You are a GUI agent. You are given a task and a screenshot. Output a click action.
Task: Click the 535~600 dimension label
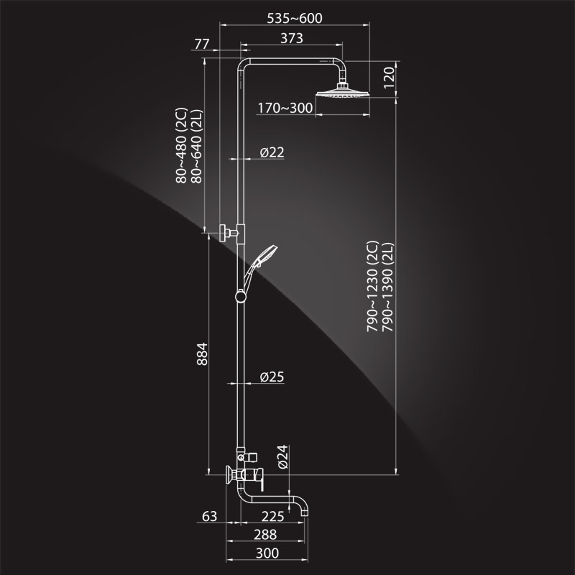pos(295,18)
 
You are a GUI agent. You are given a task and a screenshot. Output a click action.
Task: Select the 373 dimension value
pos(292,38)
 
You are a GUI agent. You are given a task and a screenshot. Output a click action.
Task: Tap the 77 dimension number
pos(202,44)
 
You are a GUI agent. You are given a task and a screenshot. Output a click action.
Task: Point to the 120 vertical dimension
pos(389,78)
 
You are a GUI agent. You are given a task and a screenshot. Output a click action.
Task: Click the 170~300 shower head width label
pos(285,108)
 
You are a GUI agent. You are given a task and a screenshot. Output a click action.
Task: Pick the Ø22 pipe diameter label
pos(272,152)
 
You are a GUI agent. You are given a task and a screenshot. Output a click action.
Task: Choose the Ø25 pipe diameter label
pos(272,377)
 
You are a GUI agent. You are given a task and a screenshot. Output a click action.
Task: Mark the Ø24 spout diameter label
pos(283,457)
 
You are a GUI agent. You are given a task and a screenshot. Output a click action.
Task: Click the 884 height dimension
pos(202,354)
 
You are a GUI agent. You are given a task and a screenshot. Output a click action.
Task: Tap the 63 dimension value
pos(209,516)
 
